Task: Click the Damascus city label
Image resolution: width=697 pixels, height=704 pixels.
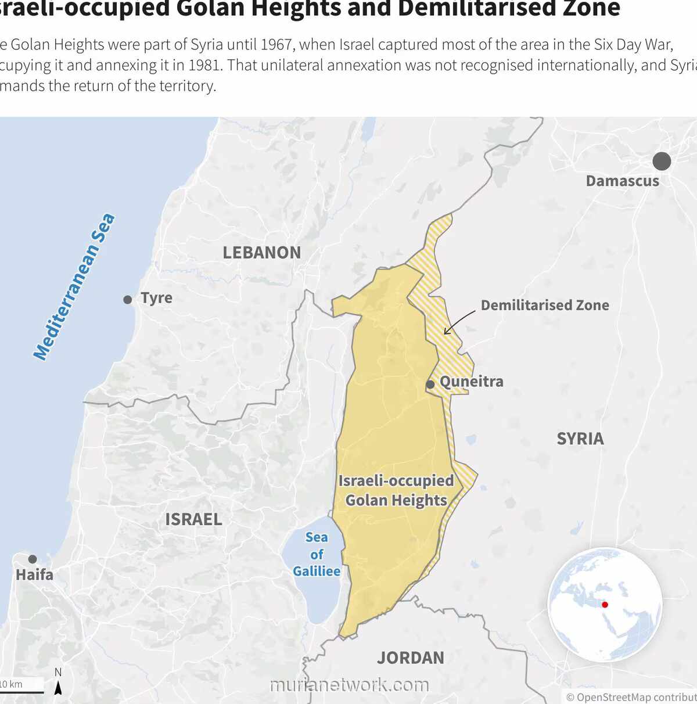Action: tap(622, 181)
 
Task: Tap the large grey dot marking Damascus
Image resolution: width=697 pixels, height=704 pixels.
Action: tap(662, 161)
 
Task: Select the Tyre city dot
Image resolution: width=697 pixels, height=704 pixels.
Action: tap(128, 300)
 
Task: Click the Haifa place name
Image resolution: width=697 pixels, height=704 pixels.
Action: tap(34, 575)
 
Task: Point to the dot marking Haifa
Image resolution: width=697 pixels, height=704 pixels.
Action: tap(33, 559)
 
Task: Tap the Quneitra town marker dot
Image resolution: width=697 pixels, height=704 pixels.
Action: tap(430, 385)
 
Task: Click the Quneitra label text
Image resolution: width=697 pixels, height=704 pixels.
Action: tap(471, 382)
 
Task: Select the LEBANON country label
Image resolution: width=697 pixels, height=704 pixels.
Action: tap(262, 253)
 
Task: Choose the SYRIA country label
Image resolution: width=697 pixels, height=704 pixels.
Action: tap(580, 439)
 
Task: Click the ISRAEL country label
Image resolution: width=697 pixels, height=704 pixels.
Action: tap(193, 519)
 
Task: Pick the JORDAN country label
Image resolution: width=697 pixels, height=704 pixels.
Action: tap(411, 658)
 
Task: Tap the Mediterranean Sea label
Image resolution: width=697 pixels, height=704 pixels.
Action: tap(74, 287)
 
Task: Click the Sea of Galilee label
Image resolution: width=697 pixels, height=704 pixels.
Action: tap(317, 555)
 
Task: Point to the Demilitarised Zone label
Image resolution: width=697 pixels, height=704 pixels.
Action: tap(545, 306)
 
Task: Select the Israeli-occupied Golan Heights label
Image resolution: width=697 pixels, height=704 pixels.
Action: tap(396, 491)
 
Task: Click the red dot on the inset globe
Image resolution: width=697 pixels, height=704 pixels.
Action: tap(605, 605)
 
